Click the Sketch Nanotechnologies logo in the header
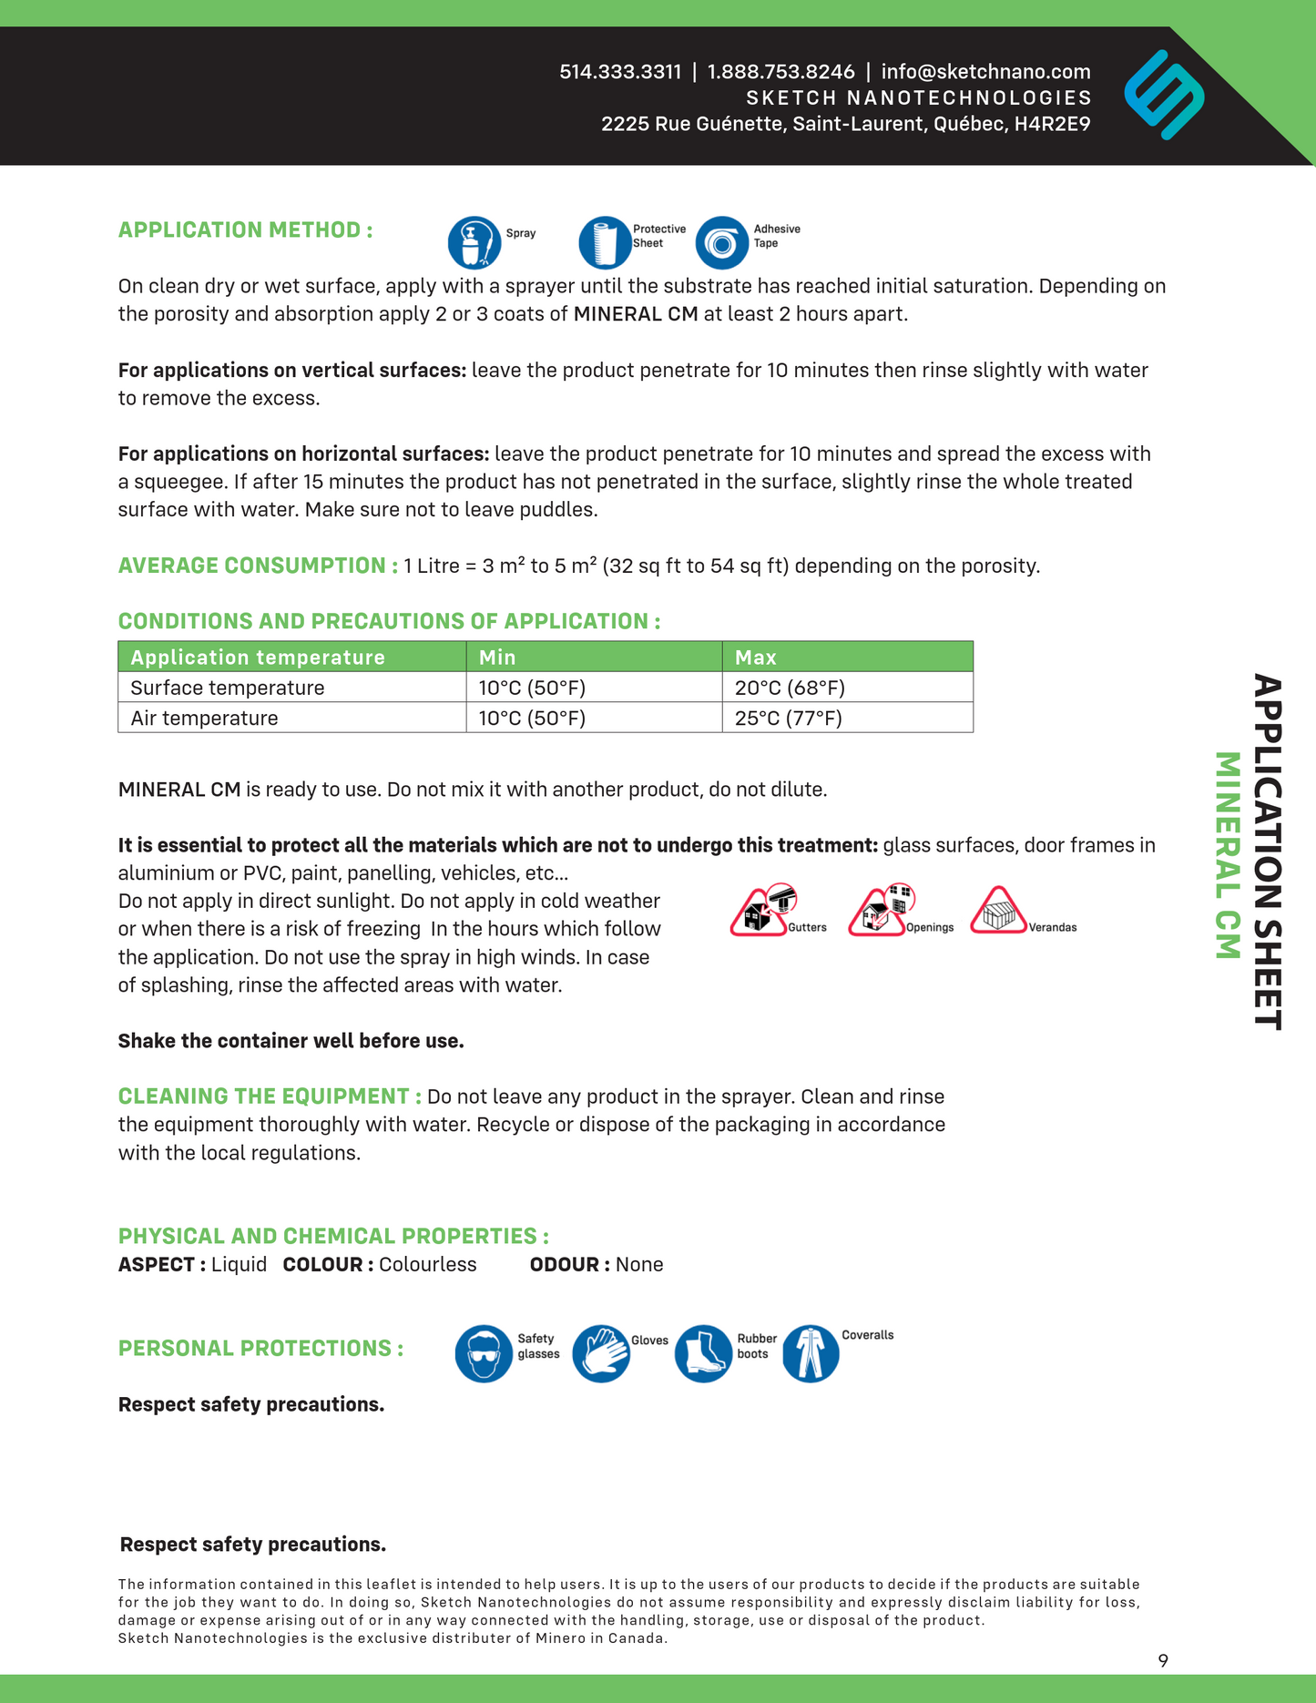coord(1164,95)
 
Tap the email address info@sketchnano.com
coord(985,72)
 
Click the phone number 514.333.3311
coord(620,72)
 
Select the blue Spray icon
coord(474,243)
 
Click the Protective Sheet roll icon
coord(605,243)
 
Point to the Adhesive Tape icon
coord(722,243)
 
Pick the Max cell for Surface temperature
coord(790,688)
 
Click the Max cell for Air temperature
coord(788,718)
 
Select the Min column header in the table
coord(497,658)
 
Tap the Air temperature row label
coord(204,718)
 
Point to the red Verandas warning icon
coord(999,911)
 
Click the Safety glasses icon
coord(484,1353)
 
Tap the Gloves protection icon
coord(601,1353)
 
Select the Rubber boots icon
coord(703,1353)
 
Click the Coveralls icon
coord(810,1353)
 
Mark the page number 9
coord(1163,1660)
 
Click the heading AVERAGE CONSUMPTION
coord(258,566)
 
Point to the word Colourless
coord(427,1264)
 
